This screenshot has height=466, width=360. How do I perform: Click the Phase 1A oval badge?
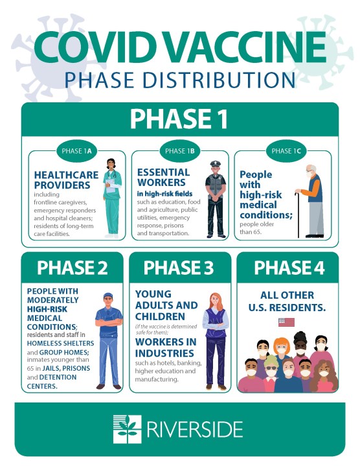(76, 151)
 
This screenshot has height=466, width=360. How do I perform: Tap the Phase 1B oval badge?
(180, 151)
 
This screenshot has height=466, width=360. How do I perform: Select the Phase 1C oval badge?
(286, 151)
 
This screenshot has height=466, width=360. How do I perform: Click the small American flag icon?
(286, 322)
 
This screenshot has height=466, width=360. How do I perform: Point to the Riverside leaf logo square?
(128, 429)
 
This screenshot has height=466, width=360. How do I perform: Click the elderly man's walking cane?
(297, 215)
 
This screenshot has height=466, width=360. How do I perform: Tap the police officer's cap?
(215, 163)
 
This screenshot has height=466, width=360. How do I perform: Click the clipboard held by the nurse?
(111, 186)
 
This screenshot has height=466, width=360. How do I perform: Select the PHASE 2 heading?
(72, 268)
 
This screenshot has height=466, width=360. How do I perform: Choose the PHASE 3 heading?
(179, 268)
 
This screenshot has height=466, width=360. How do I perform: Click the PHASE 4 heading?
(289, 268)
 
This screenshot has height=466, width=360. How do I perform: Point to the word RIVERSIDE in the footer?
(195, 429)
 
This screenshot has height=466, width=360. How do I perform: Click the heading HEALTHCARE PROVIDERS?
(66, 180)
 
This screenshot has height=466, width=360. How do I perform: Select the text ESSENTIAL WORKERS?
(164, 177)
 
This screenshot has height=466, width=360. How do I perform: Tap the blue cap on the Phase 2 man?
(108, 296)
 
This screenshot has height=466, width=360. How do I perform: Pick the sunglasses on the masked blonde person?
(271, 368)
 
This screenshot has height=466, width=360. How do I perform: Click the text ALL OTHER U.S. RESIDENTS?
(287, 301)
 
